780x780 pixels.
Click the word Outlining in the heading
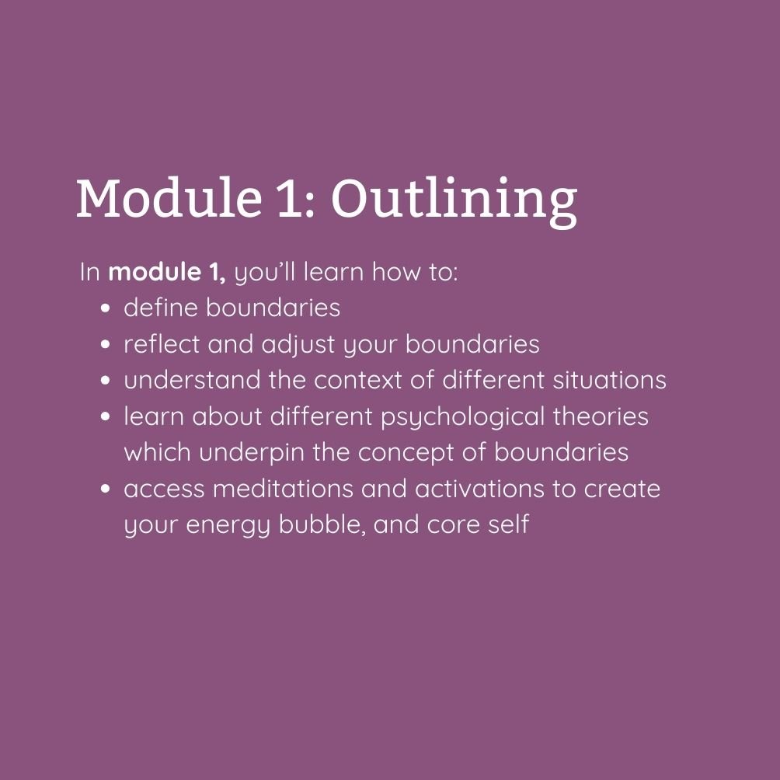(x=454, y=200)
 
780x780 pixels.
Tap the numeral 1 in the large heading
(x=289, y=197)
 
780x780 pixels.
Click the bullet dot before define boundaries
(x=105, y=308)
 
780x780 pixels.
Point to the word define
(x=161, y=308)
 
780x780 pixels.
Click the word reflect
(x=162, y=344)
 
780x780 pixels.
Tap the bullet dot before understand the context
(x=105, y=381)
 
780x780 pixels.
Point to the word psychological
(x=462, y=418)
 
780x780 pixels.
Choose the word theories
(x=601, y=416)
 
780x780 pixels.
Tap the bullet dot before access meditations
(x=105, y=489)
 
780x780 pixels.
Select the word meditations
(x=283, y=489)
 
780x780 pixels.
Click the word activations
(x=479, y=489)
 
